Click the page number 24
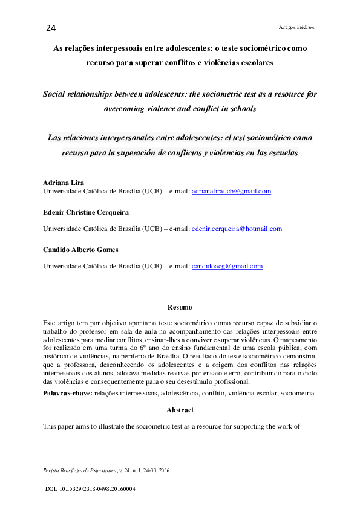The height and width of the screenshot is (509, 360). pos(50,28)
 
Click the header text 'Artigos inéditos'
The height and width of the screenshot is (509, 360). pos(296,27)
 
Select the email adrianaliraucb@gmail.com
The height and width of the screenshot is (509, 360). pos(231,191)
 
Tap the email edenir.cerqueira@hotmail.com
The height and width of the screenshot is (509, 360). pos(237,229)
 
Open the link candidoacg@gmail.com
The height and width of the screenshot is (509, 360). pos(227,266)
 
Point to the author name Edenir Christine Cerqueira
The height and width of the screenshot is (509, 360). pos(85,213)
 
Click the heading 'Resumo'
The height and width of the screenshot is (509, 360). pos(180,307)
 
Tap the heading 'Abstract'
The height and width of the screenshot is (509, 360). pos(180,410)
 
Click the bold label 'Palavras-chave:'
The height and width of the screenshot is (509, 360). pos(67,394)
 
